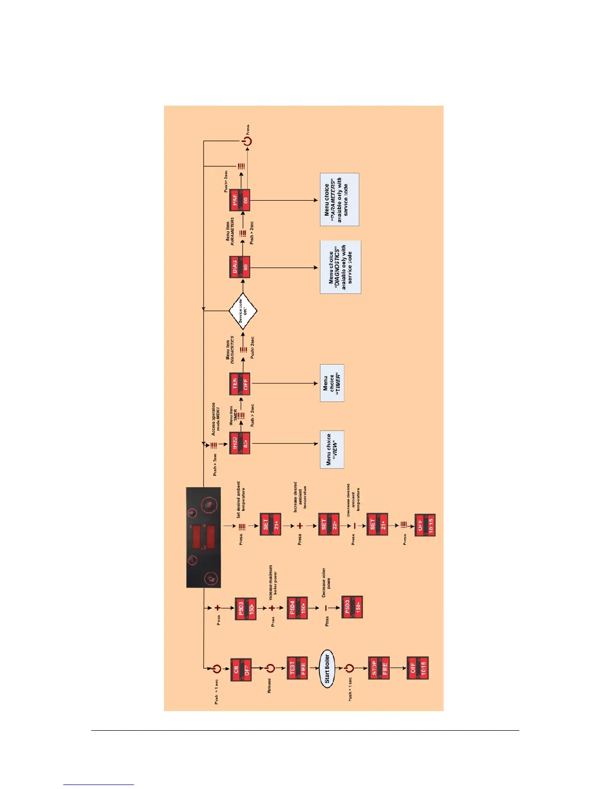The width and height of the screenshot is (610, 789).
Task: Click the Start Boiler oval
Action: tap(327, 668)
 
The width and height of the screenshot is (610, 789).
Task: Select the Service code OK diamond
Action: tap(243, 311)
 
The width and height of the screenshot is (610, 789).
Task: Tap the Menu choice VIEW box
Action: tap(332, 449)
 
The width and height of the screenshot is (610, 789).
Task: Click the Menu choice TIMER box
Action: tap(332, 383)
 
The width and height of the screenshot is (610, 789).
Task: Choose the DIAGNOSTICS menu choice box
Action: tap(340, 267)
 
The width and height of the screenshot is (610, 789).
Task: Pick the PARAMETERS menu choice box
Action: tap(339, 200)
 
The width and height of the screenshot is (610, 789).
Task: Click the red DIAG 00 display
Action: tap(240, 267)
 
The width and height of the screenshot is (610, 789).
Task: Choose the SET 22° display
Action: tap(329, 525)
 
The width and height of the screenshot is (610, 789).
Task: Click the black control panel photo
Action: tap(203, 537)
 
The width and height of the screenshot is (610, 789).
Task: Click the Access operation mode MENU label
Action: tap(216, 419)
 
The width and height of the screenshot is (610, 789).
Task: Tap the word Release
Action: tap(269, 686)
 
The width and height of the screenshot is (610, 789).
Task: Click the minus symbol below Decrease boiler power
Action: tap(326, 608)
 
